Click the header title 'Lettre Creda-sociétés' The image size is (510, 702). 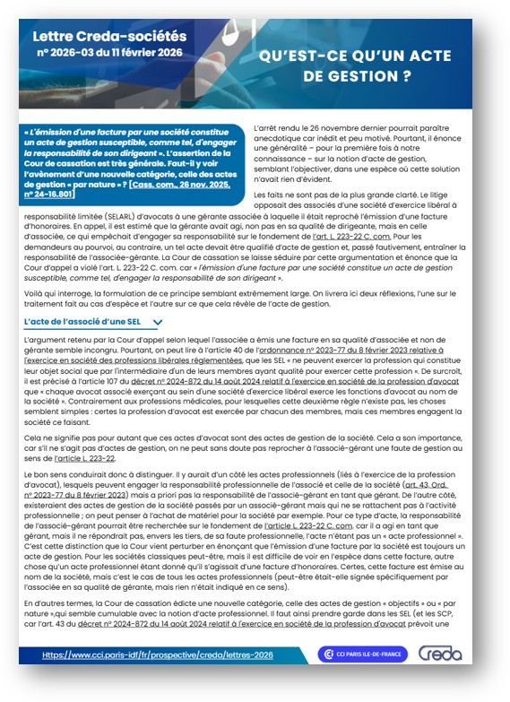(x=109, y=37)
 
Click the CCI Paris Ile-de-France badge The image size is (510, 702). (x=362, y=654)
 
